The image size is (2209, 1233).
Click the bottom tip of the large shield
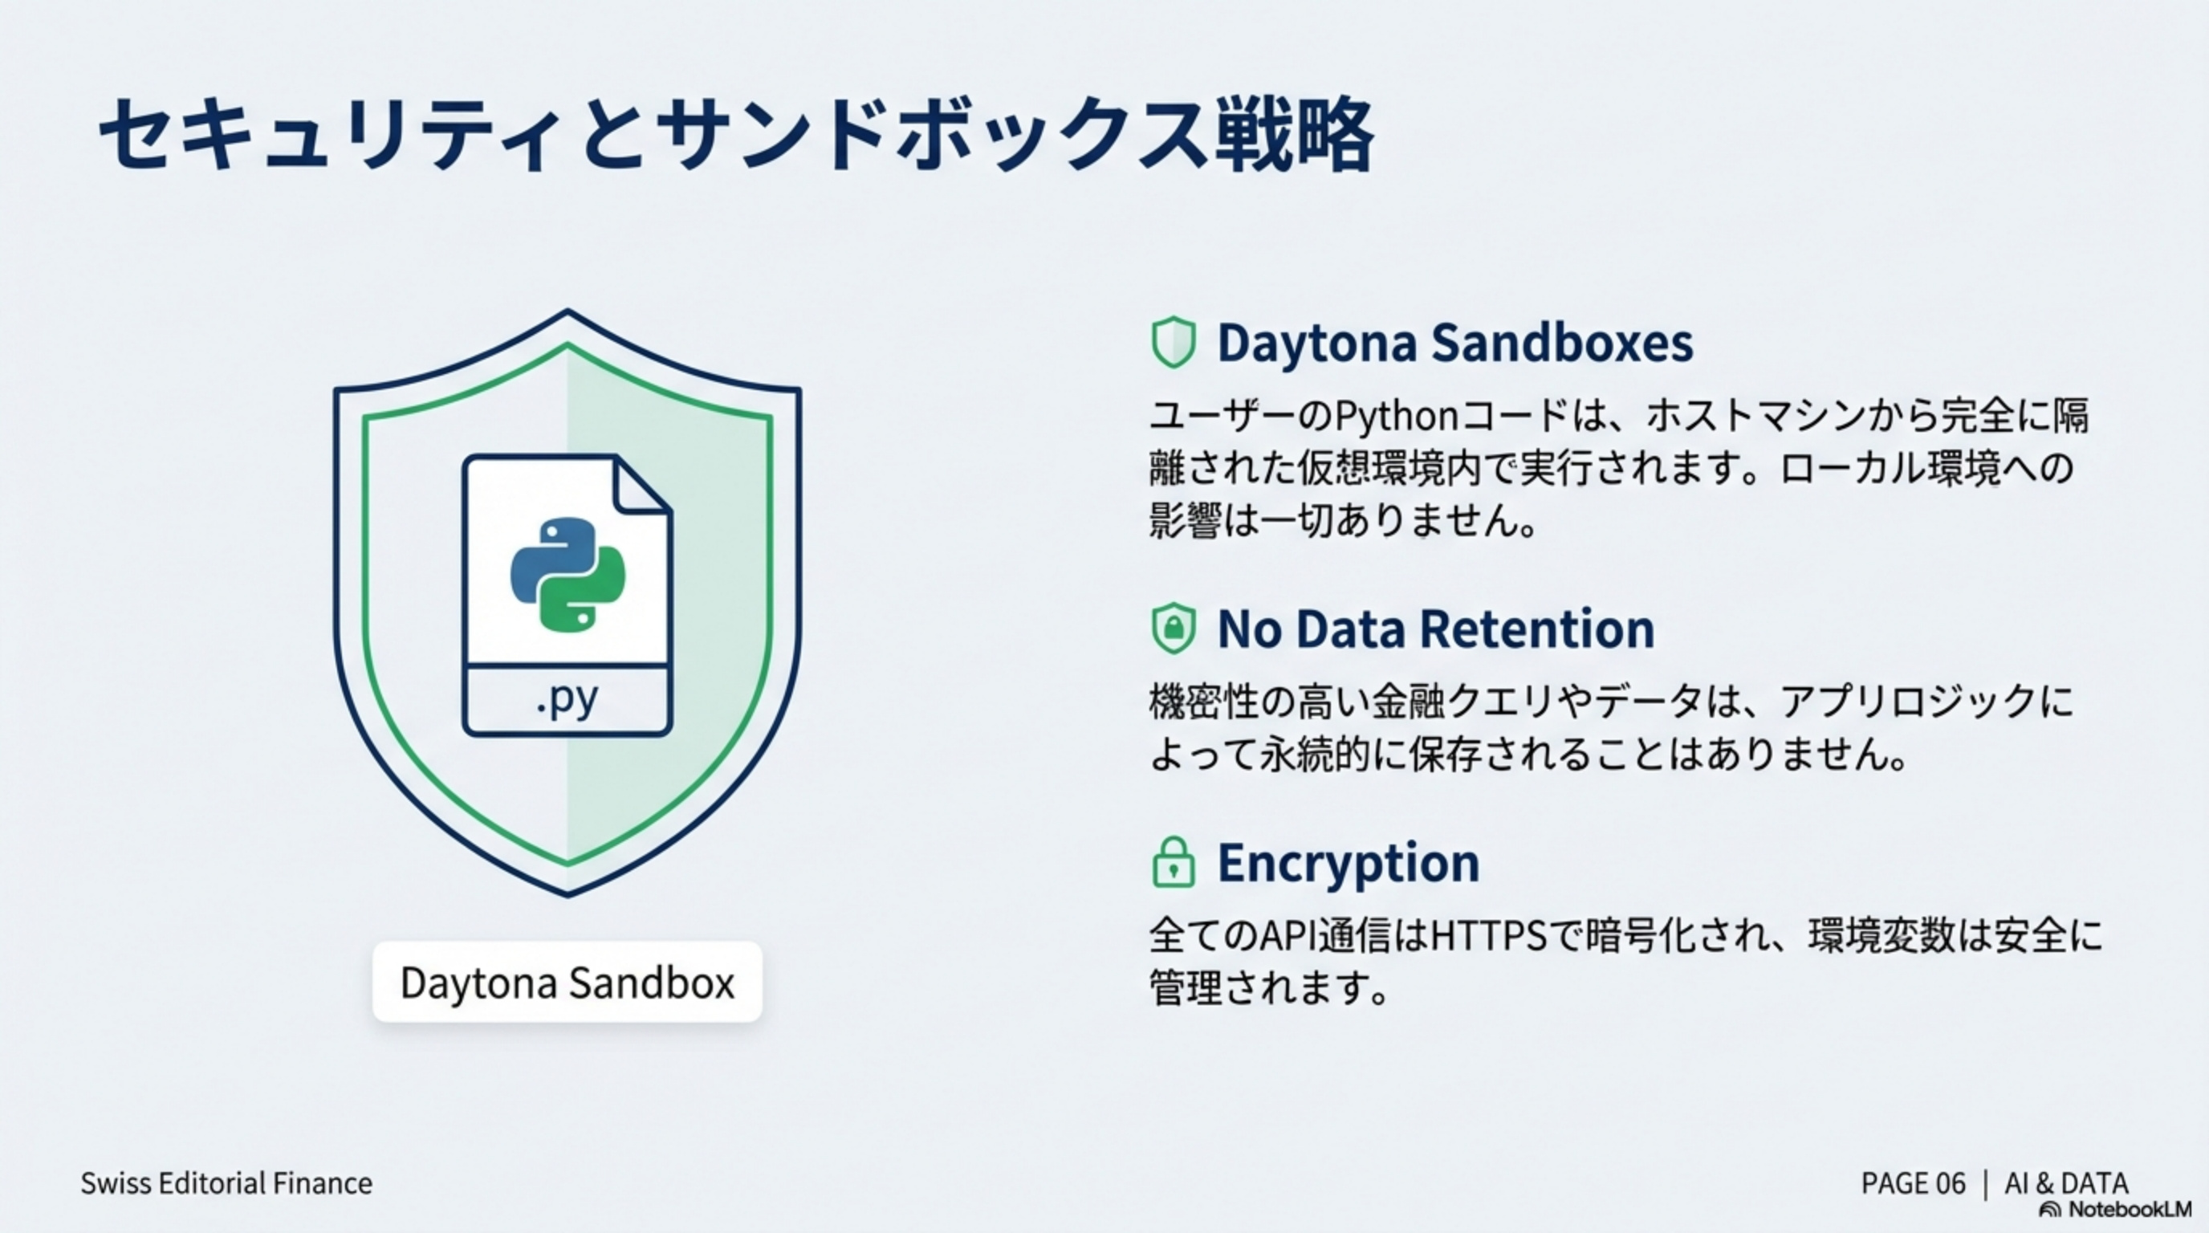pos(568,896)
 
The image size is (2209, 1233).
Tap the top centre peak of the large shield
pos(568,310)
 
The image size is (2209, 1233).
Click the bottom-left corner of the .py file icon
pos(464,735)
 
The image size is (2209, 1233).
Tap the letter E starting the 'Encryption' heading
pos(1230,863)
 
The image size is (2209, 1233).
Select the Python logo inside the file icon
pos(567,574)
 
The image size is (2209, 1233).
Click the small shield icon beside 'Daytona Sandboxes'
pos(1173,342)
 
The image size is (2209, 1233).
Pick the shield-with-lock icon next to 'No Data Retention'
pos(1173,629)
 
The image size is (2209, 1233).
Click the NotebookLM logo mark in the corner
pos(2050,1210)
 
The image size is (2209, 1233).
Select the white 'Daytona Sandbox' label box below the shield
pos(567,982)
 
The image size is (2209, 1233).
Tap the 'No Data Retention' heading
pos(1435,629)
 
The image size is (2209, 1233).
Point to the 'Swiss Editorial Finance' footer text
pos(226,1183)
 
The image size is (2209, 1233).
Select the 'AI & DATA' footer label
pos(2067,1183)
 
